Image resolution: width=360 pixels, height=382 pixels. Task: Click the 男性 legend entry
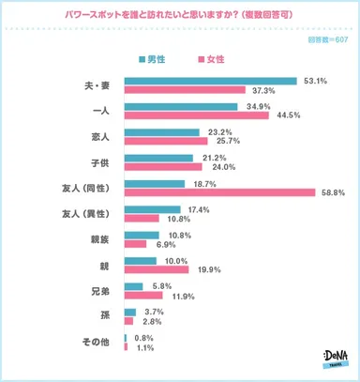(157, 58)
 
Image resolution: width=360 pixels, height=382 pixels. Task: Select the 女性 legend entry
(212, 58)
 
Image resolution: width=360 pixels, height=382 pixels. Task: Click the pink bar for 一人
(196, 116)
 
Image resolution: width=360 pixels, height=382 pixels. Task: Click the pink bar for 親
(156, 268)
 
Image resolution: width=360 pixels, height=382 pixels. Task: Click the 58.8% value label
(333, 192)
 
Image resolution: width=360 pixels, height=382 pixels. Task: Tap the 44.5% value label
(286, 116)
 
